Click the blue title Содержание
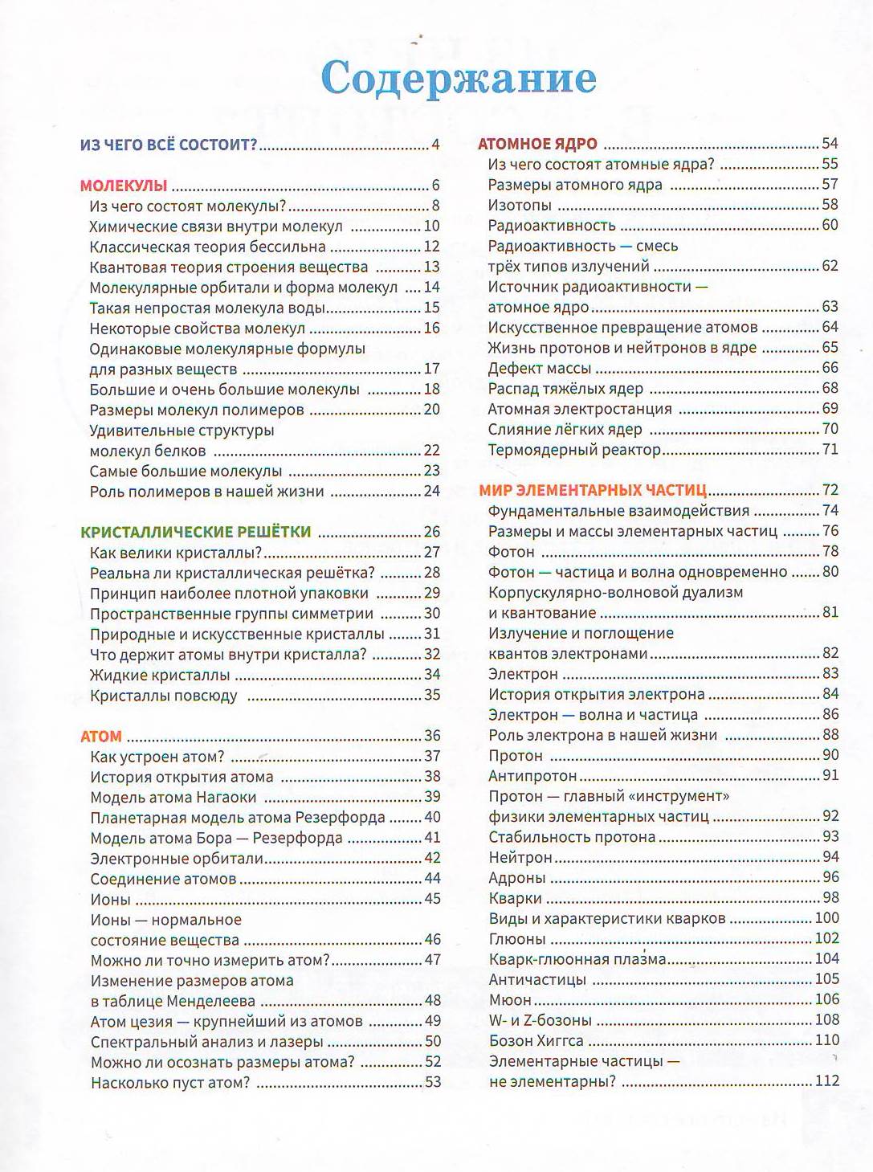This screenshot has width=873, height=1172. [x=459, y=79]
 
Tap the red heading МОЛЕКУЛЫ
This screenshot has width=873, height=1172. [x=124, y=186]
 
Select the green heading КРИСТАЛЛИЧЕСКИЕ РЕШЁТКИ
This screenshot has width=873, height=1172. [x=196, y=532]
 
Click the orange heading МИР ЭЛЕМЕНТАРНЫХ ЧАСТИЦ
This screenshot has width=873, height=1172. [x=593, y=490]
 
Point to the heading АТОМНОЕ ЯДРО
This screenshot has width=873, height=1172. [x=537, y=145]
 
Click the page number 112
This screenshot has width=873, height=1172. [x=826, y=1080]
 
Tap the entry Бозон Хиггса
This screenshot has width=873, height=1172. [x=536, y=1040]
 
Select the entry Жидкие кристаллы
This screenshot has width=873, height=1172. [x=160, y=675]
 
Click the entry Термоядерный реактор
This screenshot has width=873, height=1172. [x=574, y=450]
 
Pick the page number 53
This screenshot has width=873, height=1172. [x=433, y=1082]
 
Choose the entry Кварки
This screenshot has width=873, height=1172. [x=515, y=898]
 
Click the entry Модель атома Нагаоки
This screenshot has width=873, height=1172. [x=173, y=797]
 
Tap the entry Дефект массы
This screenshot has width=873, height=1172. [x=539, y=368]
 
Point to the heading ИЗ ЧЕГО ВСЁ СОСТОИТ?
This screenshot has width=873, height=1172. [x=169, y=145]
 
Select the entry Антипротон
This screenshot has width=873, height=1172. [x=532, y=776]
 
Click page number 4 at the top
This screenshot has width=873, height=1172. [x=435, y=145]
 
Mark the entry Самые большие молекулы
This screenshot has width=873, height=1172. [x=186, y=471]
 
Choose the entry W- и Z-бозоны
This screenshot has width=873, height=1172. [x=540, y=1020]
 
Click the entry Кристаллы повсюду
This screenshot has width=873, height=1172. [x=164, y=696]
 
